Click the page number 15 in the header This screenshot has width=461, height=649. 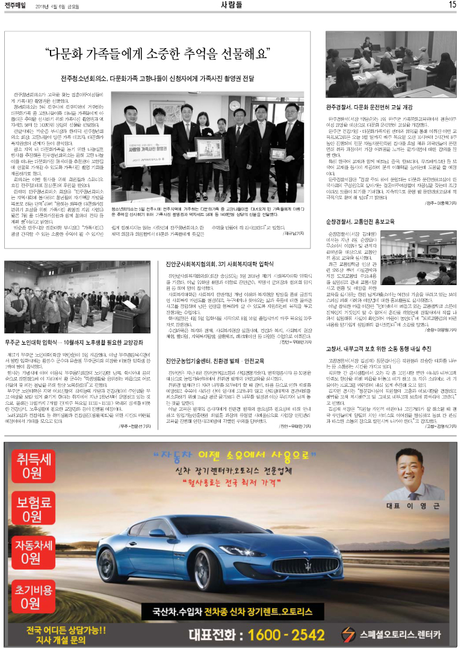[x=452, y=5]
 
